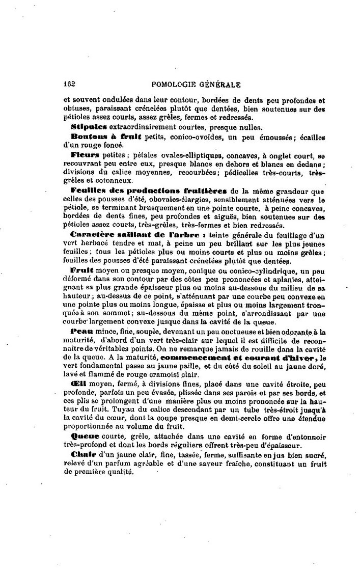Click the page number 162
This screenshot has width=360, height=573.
(x=70, y=85)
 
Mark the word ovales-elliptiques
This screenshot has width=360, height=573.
(x=182, y=154)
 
